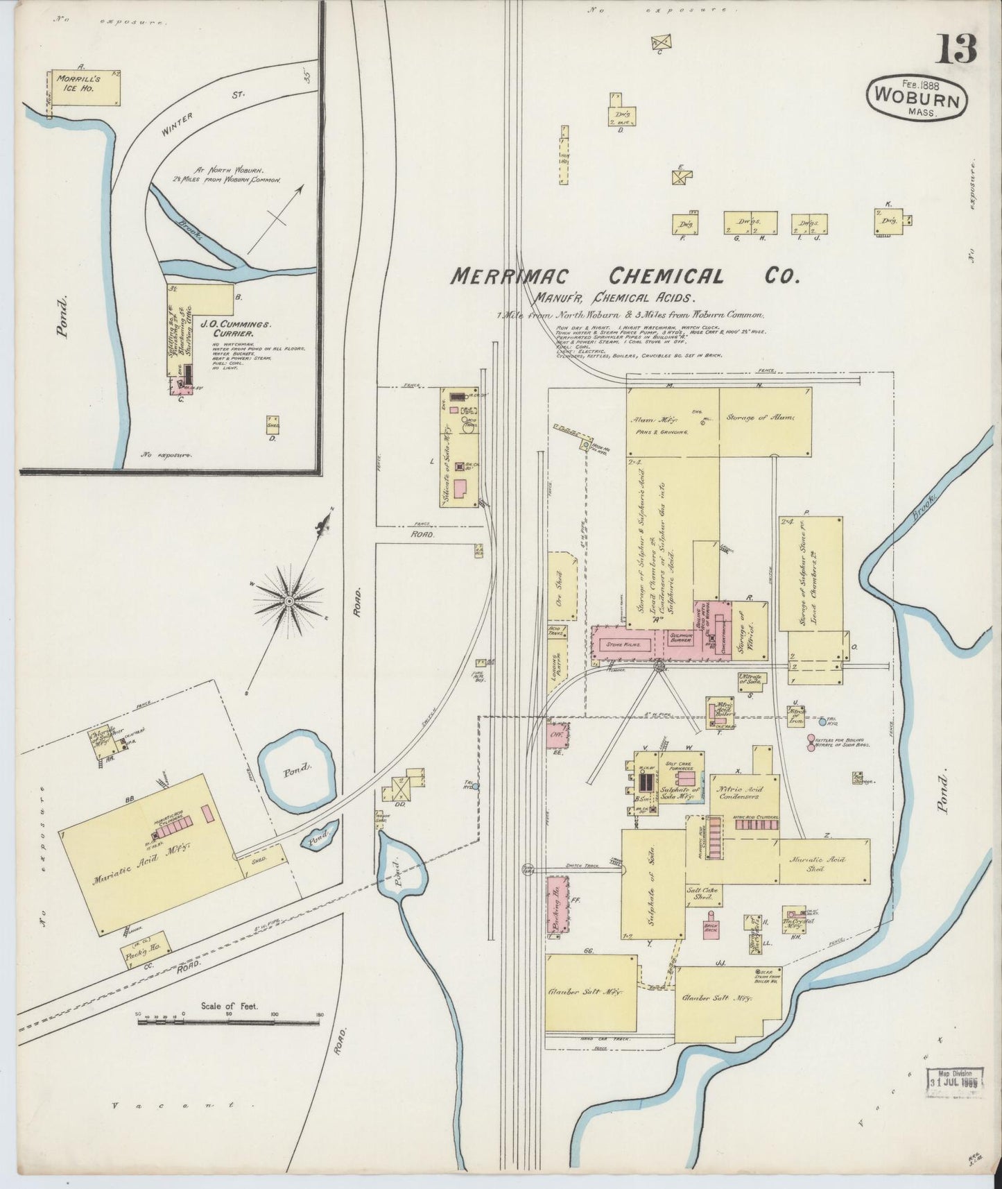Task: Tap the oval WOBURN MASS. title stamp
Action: click(916, 98)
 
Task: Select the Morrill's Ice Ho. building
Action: click(86, 88)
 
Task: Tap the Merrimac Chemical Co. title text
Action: click(623, 276)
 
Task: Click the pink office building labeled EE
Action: click(556, 734)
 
